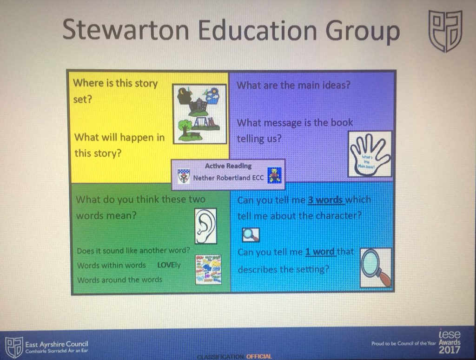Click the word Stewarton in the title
coord(126,31)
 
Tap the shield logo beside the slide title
coord(444,31)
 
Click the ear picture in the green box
coord(205,226)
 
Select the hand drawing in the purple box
coord(370,154)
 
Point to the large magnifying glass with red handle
coord(376,267)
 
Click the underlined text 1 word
coord(320,252)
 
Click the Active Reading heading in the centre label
coord(228,166)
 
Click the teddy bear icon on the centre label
coord(275,175)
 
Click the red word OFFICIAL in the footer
coord(259,357)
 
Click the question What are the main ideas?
coord(293,86)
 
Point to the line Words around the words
coord(119,280)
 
